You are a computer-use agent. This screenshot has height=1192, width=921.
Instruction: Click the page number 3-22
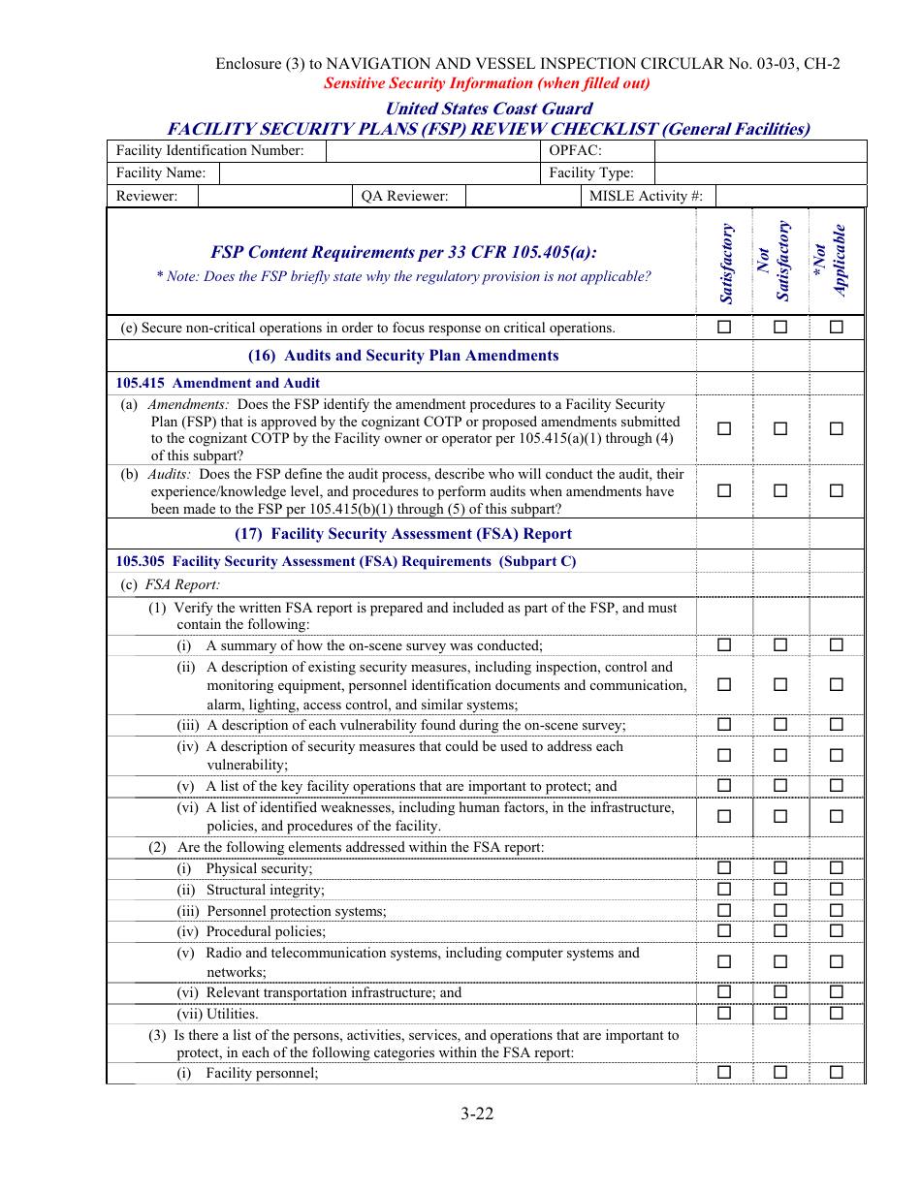pyautogui.click(x=477, y=1114)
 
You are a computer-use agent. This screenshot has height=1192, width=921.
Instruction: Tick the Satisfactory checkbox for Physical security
pyautogui.click(x=724, y=868)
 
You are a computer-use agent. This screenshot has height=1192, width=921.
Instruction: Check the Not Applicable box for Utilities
pyautogui.click(x=837, y=1014)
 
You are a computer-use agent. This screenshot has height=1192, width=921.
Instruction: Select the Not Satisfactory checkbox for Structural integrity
pyautogui.click(x=780, y=890)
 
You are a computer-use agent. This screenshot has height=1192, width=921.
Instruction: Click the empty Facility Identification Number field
pyautogui.click(x=433, y=150)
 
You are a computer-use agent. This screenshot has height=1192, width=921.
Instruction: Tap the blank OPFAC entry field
pyautogui.click(x=760, y=150)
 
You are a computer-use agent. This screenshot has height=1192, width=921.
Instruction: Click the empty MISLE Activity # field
pyautogui.click(x=790, y=196)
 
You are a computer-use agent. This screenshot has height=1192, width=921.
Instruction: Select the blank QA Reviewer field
pyautogui.click(x=522, y=196)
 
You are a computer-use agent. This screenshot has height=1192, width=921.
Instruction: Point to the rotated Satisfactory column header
pyautogui.click(x=727, y=264)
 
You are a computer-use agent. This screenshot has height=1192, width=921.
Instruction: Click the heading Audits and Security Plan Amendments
pyautogui.click(x=403, y=356)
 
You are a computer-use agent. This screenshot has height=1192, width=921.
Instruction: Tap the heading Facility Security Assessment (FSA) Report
pyautogui.click(x=403, y=534)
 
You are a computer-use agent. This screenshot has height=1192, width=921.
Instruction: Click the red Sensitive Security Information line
pyautogui.click(x=487, y=83)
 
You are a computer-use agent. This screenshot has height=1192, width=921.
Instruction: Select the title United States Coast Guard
pyautogui.click(x=489, y=109)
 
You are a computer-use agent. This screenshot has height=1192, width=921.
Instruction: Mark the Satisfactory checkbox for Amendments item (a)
pyautogui.click(x=724, y=429)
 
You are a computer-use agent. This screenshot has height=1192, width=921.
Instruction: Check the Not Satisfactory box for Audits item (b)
pyautogui.click(x=780, y=491)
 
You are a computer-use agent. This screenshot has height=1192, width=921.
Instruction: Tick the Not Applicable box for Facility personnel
pyautogui.click(x=837, y=1072)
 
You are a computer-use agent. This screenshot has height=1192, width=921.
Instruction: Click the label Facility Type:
pyautogui.click(x=591, y=173)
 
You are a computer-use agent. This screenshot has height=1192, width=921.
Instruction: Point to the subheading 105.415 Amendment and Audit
pyautogui.click(x=218, y=383)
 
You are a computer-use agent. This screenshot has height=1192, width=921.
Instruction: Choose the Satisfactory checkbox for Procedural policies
pyautogui.click(x=724, y=931)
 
